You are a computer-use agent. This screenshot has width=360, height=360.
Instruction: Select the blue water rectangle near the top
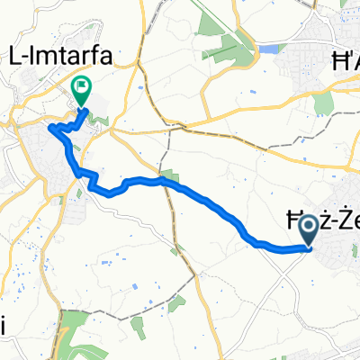(270, 51)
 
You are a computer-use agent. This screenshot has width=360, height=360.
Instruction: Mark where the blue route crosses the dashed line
(166, 180)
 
